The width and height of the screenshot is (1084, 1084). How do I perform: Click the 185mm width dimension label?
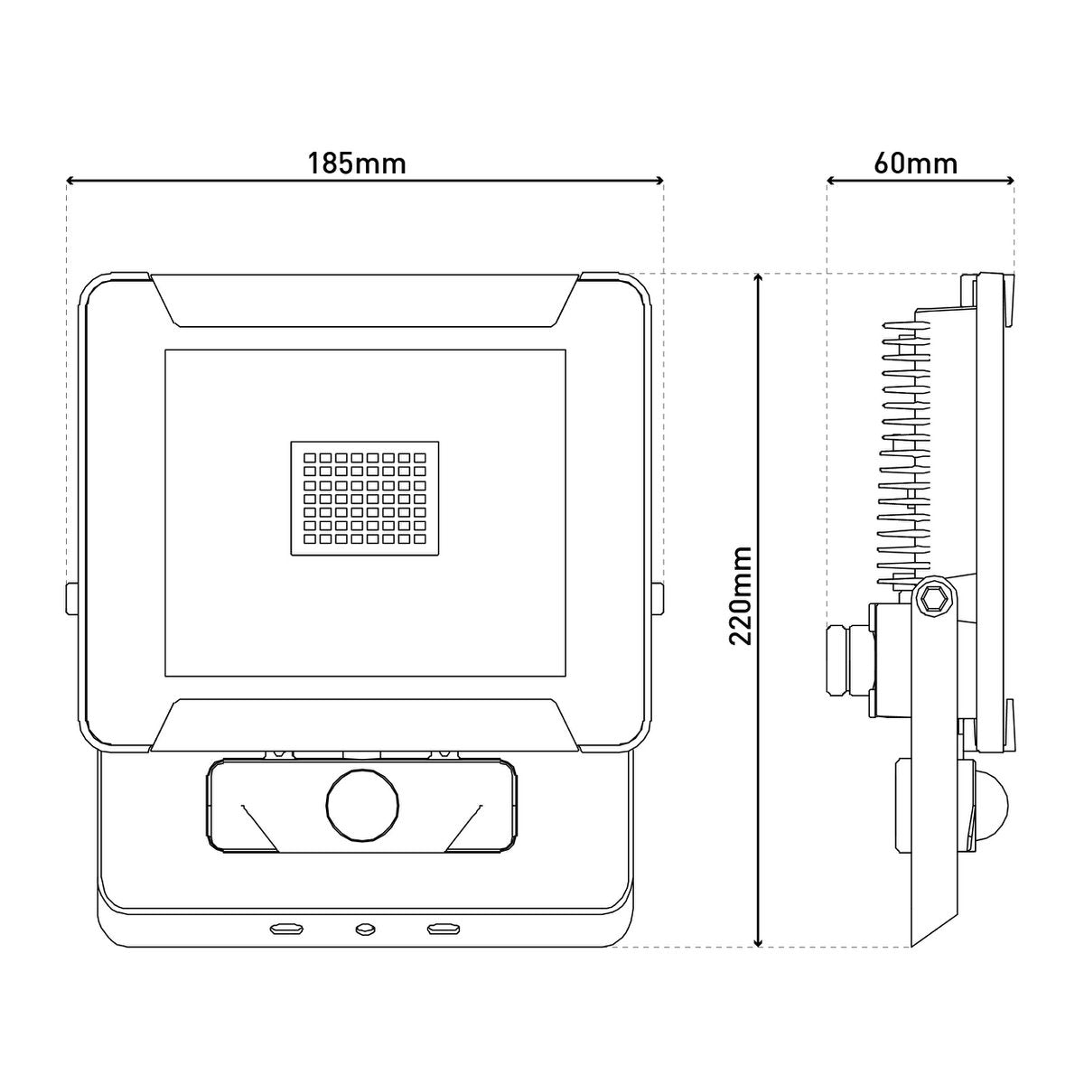point(357,164)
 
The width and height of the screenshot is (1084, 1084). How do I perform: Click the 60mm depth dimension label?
point(916,164)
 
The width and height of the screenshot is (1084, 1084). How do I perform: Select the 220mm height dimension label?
point(743,595)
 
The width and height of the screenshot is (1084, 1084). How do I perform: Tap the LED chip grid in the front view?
point(365,498)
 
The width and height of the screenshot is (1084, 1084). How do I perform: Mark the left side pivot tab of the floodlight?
point(70,599)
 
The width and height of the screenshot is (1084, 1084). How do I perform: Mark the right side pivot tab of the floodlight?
point(659,599)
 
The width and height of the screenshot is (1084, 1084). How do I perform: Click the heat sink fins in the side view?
point(903,452)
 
